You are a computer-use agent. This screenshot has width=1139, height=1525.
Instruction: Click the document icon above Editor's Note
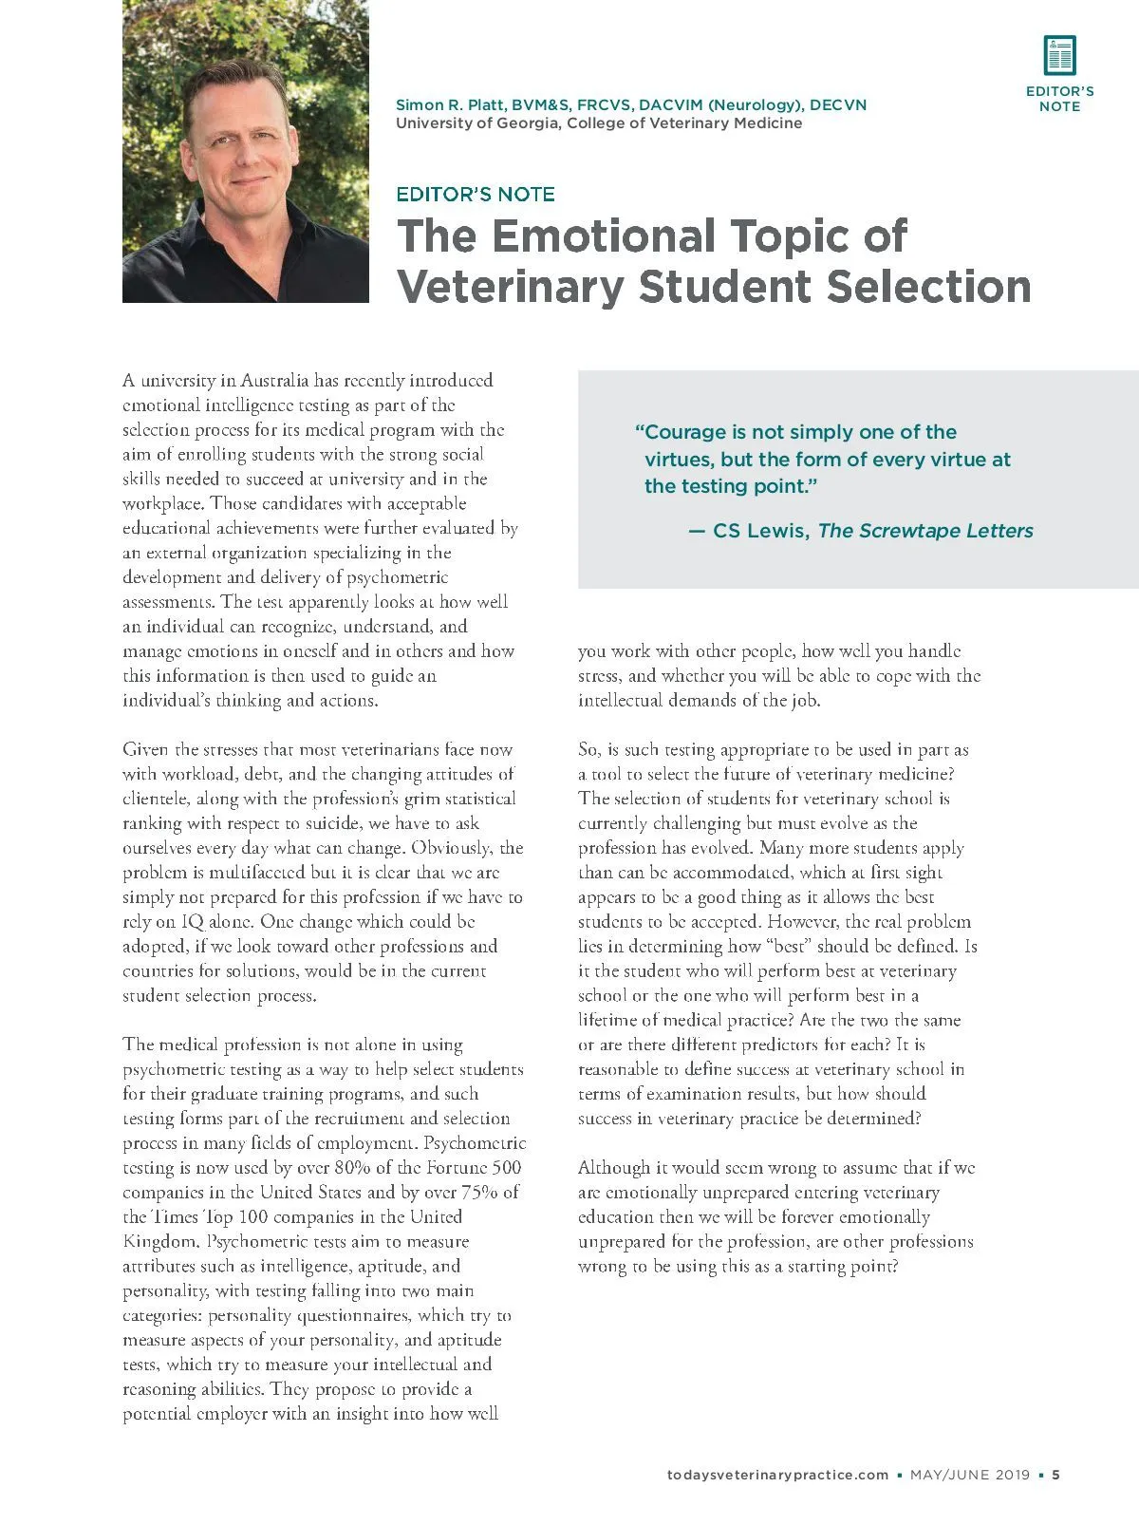tap(1059, 55)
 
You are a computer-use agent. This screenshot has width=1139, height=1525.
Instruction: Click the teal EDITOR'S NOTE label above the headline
tap(475, 195)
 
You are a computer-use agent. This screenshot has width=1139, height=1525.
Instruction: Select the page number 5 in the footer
tap(1056, 1475)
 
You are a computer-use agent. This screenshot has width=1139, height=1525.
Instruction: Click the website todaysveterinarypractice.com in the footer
tap(777, 1475)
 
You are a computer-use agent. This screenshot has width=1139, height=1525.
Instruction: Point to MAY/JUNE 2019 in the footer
tap(969, 1475)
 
